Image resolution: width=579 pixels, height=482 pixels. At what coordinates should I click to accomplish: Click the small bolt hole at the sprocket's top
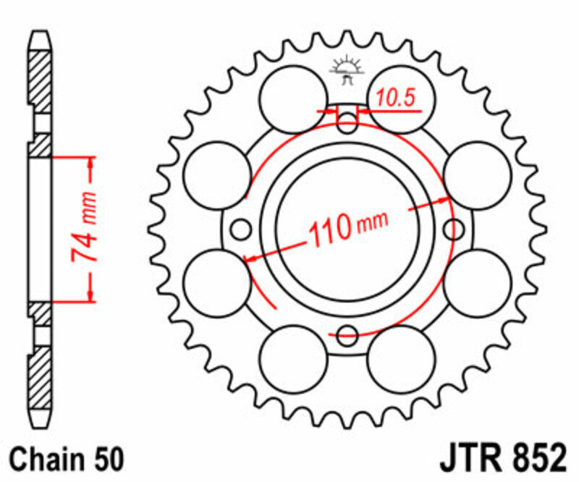point(348,122)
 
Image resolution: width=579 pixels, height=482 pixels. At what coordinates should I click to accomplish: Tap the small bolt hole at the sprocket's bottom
point(348,334)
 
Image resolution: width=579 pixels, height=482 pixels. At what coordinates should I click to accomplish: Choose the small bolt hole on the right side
point(455,229)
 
